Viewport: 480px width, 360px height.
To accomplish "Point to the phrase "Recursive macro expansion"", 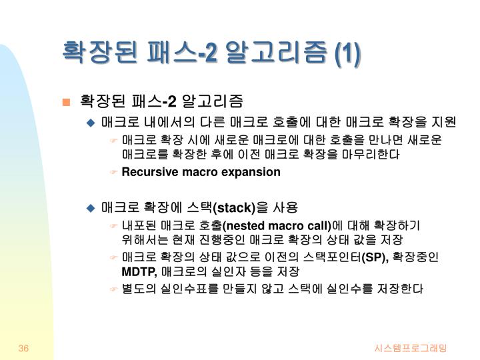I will pos(201,172).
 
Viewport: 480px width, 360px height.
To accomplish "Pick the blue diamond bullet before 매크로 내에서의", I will pos(92,123).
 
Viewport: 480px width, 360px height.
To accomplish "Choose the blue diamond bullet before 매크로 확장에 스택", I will pos(92,207).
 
